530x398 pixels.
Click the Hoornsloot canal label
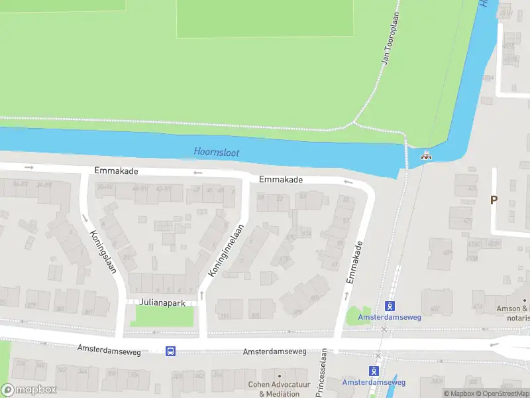217,153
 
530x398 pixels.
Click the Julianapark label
160,301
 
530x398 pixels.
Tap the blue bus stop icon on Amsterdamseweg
170,351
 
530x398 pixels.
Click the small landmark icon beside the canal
427,157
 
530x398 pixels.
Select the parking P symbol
493,200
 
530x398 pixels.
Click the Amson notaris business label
513,313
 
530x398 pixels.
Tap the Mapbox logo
28,390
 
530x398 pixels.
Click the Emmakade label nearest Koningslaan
116,171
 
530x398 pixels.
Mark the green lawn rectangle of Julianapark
162,316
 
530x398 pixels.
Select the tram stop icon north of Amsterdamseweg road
390,306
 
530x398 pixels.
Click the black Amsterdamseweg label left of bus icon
109,348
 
